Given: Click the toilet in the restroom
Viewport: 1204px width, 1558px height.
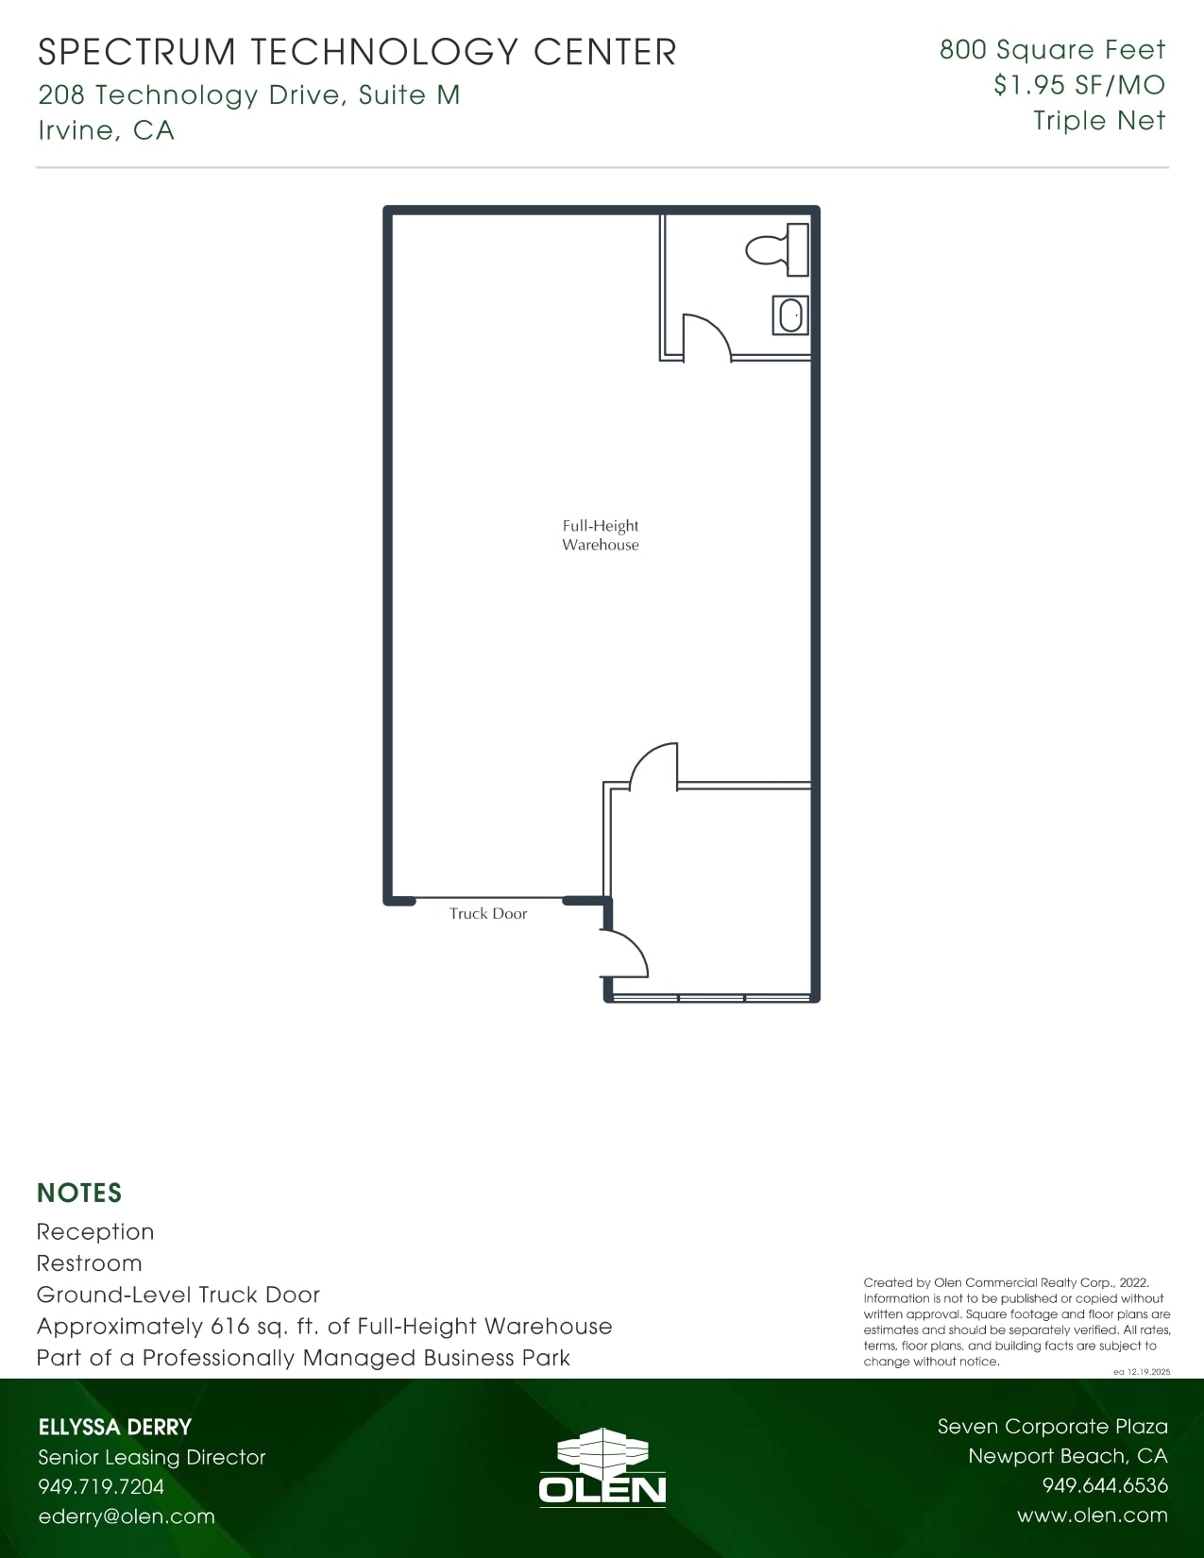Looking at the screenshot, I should [x=778, y=250].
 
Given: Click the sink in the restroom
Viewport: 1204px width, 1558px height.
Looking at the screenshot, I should [x=790, y=315].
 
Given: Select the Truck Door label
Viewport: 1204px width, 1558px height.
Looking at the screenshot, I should [x=488, y=914].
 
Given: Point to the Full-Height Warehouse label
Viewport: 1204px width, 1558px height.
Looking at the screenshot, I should [x=601, y=535].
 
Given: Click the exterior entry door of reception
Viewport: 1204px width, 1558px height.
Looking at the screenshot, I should [x=624, y=954].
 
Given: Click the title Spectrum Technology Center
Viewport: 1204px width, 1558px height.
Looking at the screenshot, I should [x=357, y=52].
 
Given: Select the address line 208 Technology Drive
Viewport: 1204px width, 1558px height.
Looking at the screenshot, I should [x=249, y=95].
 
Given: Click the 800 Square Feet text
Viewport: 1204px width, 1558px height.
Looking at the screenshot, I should [x=1052, y=50].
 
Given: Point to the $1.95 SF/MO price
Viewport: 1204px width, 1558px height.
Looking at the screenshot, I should [x=1078, y=86].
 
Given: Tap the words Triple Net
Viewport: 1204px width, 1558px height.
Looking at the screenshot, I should [x=1098, y=121].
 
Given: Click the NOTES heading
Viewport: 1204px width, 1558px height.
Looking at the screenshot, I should [x=79, y=1194].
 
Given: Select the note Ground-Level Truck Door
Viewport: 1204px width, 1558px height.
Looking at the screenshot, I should [x=178, y=1295].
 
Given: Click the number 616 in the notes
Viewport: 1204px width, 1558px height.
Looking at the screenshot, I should [x=229, y=1327].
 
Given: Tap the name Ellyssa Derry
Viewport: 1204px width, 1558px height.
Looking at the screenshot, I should [x=115, y=1427].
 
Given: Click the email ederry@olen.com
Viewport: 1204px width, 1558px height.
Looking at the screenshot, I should [x=127, y=1516].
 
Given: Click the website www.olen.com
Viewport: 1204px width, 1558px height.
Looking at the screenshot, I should [x=1092, y=1516].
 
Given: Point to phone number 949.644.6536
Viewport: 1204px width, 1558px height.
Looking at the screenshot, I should [x=1105, y=1486].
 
